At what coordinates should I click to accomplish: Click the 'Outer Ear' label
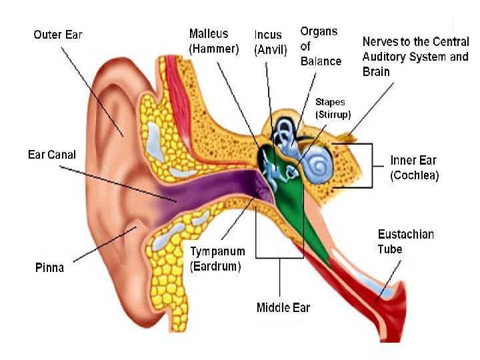58,33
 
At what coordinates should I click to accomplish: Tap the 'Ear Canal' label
52,155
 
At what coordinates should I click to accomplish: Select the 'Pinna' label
49,267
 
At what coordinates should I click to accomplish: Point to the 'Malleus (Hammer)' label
213,41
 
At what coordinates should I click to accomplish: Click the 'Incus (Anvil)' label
271,41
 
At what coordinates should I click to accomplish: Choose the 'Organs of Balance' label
321,46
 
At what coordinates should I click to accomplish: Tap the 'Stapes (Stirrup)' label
333,109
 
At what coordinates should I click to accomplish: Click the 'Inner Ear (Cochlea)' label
414,168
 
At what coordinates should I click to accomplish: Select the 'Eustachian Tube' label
405,241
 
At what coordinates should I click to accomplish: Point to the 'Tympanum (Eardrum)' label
217,259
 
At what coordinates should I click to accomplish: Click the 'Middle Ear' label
283,307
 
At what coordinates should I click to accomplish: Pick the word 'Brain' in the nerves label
376,71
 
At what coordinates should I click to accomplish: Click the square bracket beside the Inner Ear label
363,165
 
